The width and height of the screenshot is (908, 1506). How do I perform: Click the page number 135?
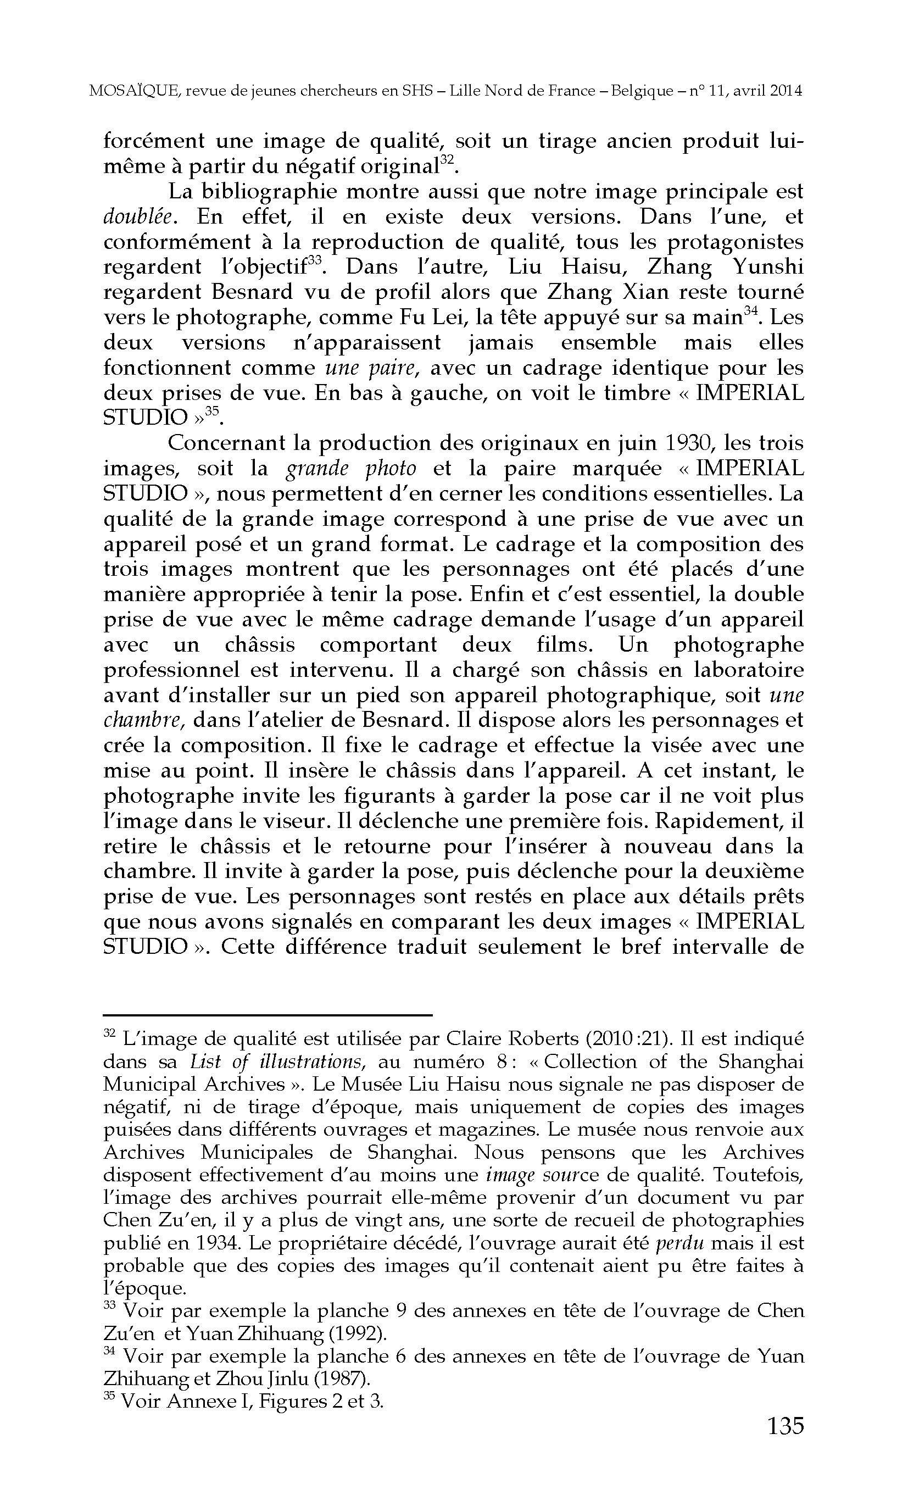(785, 1425)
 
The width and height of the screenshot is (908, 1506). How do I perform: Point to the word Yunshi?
(771, 267)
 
